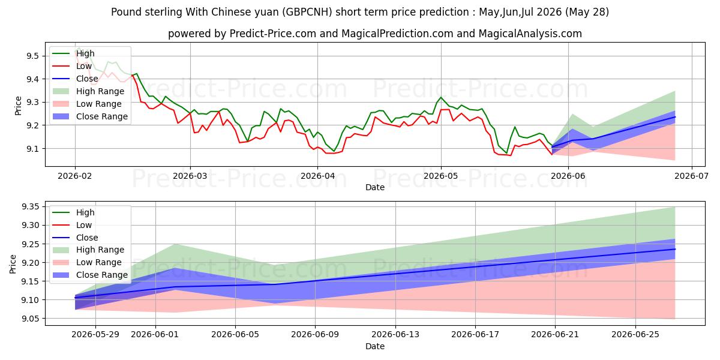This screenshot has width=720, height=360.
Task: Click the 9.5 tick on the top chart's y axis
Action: [x=32, y=56]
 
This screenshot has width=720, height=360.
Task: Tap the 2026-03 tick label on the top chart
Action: [x=190, y=176]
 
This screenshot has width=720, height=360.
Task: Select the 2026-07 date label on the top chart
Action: [x=691, y=176]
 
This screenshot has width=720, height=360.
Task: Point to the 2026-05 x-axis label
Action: [x=441, y=176]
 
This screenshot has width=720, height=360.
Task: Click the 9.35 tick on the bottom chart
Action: [x=30, y=206]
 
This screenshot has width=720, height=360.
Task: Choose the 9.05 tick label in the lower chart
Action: [x=30, y=319]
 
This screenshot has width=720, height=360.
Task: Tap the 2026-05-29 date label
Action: [x=95, y=335]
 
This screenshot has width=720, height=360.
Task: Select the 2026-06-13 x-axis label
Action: [x=395, y=335]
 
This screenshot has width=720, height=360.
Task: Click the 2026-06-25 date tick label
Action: [x=635, y=335]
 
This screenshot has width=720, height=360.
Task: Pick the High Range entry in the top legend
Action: [x=100, y=91]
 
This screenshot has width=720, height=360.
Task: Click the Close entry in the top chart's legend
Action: [x=87, y=79]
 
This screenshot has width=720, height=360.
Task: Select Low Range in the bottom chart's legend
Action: [x=98, y=262]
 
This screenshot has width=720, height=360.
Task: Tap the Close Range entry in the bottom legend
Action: [x=102, y=275]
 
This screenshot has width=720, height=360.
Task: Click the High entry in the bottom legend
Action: [x=85, y=212]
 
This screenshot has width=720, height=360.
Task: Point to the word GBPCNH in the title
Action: [x=308, y=12]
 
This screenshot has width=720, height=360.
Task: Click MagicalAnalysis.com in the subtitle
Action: [x=530, y=34]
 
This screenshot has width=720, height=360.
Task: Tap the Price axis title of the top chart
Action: [x=19, y=106]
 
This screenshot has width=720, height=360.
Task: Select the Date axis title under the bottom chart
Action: [x=375, y=346]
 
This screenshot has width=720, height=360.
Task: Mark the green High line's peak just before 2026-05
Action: [x=440, y=97]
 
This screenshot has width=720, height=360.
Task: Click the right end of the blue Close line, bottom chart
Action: [x=675, y=249]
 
